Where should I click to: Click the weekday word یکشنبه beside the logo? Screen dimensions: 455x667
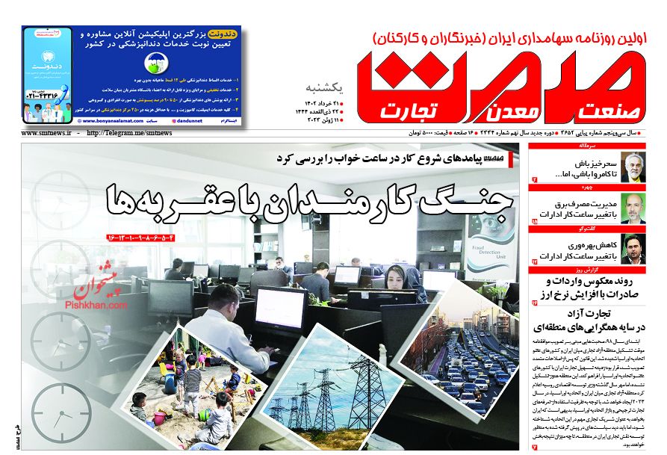coord(323,84)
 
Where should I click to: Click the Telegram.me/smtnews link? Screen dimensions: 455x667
coord(131,133)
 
